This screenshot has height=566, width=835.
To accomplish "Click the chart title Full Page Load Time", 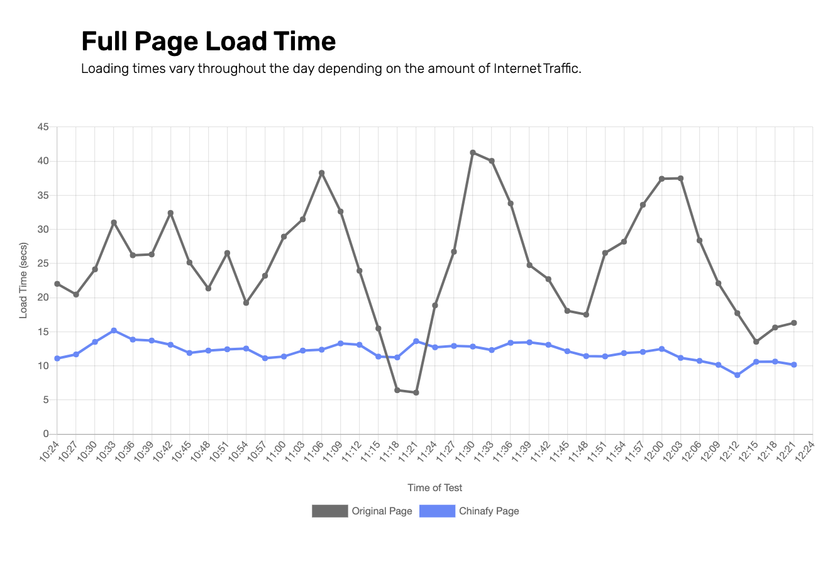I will tap(208, 42).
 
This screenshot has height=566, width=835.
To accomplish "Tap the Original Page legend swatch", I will tap(329, 511).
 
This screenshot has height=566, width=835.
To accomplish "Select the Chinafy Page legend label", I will tap(489, 511).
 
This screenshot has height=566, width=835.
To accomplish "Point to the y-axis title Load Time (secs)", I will tap(24, 280).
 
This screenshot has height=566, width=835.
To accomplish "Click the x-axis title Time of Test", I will tap(434, 487).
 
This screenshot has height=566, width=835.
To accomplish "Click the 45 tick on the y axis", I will tap(43, 127).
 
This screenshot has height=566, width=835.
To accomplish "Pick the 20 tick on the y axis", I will tap(43, 297).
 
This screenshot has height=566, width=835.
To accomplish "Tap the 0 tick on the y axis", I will tap(46, 434).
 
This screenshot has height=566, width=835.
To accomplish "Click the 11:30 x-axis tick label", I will tap(466, 450).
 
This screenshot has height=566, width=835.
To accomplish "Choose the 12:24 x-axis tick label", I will tap(806, 450).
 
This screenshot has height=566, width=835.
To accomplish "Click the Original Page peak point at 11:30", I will tap(473, 153).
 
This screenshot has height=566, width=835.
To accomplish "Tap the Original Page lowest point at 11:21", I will tap(416, 392).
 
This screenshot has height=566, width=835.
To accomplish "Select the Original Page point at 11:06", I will tap(321, 173).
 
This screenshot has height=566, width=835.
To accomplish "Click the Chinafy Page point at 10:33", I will tap(114, 330).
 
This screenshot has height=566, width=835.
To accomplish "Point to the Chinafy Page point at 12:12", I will tap(738, 375).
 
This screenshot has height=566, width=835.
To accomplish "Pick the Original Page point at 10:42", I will tap(170, 213).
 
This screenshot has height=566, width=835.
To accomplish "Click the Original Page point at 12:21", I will tap(794, 323).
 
